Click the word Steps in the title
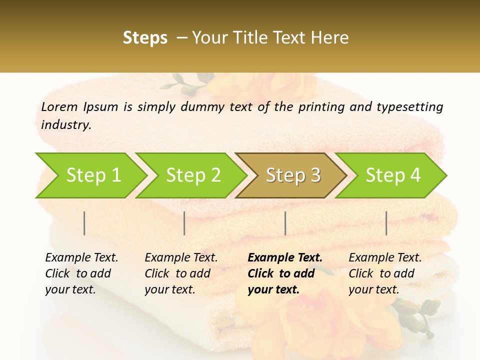[145, 38]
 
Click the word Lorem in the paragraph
[59, 106]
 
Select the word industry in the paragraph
[65, 125]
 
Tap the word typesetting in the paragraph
[409, 106]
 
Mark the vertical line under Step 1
[84, 223]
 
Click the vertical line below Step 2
[184, 223]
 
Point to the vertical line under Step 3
[285, 223]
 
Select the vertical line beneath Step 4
[386, 223]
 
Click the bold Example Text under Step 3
[285, 258]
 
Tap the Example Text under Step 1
[81, 258]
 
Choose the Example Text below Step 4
[385, 258]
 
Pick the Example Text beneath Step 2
[181, 258]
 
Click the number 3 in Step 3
[315, 175]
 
